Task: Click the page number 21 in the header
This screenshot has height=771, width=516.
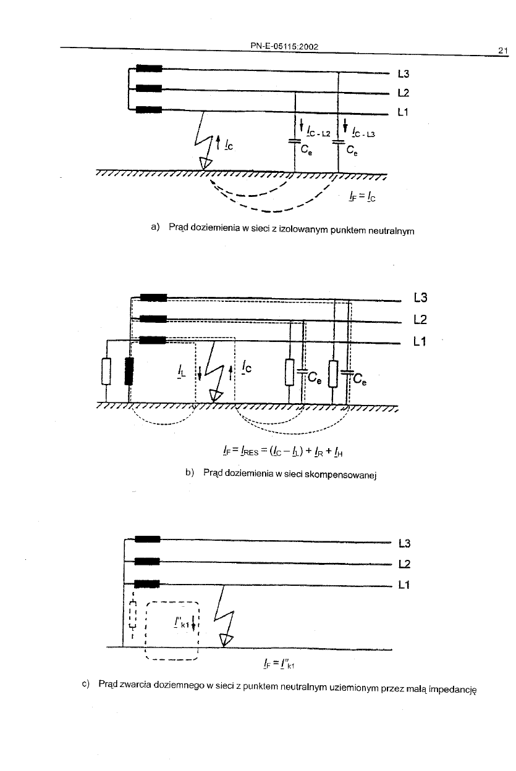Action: (x=502, y=51)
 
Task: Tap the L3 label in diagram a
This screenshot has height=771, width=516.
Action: (x=404, y=74)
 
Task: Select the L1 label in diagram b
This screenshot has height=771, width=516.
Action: (x=421, y=341)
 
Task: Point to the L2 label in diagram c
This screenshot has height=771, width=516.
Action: (x=405, y=564)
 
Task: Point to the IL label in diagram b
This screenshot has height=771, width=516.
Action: (x=181, y=372)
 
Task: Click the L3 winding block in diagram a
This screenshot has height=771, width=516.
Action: (x=148, y=69)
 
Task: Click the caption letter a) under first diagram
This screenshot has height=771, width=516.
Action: (x=155, y=228)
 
